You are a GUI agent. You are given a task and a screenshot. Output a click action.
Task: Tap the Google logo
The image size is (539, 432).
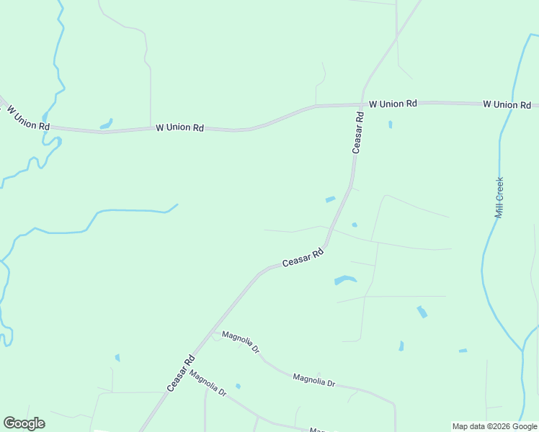(x=24, y=423)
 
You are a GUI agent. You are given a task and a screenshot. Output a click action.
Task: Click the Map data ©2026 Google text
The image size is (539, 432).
(x=494, y=426)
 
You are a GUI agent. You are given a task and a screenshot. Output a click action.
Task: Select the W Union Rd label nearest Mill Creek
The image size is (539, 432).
(x=507, y=104)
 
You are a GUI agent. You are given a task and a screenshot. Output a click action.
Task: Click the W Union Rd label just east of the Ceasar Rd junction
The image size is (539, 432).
(x=393, y=104)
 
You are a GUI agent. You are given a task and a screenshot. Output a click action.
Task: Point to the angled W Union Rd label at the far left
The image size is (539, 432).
(x=27, y=118)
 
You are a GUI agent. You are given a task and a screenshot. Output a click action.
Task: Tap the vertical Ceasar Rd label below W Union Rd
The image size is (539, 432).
(x=358, y=132)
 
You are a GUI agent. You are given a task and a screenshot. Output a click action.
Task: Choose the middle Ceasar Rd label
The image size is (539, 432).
(x=303, y=258)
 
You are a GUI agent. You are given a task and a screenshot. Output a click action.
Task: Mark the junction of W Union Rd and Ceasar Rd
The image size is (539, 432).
(x=360, y=105)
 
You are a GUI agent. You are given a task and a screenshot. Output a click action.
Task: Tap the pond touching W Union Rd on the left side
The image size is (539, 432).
(x=106, y=124)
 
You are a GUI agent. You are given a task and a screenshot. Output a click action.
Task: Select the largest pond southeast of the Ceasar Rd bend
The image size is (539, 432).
(x=345, y=280)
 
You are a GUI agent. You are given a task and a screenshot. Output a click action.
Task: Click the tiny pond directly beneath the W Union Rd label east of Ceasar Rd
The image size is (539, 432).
(x=391, y=125)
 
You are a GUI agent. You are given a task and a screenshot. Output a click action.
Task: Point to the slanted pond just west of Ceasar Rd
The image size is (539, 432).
(x=330, y=199)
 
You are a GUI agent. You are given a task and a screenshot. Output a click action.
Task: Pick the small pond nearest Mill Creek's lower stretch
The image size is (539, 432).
(x=463, y=351)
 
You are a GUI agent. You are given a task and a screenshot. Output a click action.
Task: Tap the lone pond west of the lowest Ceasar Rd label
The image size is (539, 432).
(x=117, y=357)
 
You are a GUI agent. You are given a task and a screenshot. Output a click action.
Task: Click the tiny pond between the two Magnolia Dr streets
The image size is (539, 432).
(x=238, y=387)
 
